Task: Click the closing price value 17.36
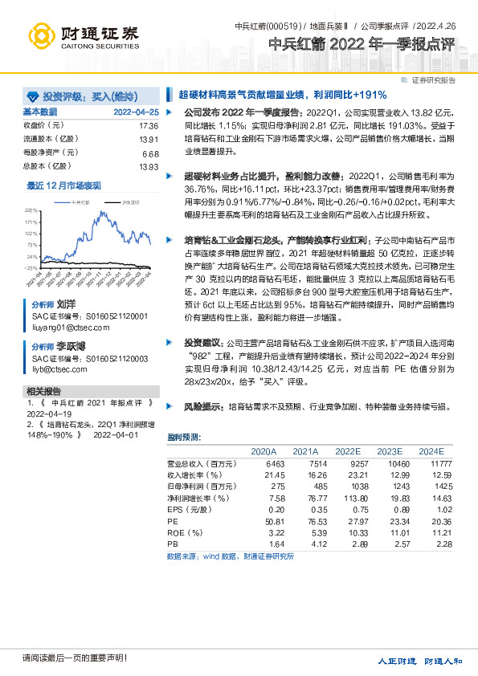pos(149,126)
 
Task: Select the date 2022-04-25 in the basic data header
pos(136,112)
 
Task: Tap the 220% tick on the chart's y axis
pos(33,210)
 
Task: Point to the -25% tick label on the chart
pos(31,267)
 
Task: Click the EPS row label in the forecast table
pos(184,509)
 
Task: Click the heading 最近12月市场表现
pos(64,186)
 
